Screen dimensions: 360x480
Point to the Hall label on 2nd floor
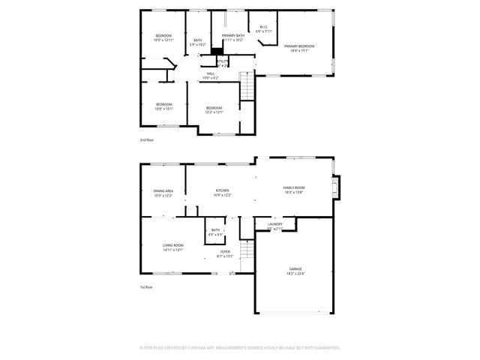[x=210, y=75]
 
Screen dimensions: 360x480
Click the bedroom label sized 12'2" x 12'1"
[x=214, y=110]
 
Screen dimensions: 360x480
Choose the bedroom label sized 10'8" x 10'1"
[x=163, y=106]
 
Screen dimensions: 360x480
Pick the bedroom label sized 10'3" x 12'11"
[x=163, y=37]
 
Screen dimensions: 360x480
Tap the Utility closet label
[x=223, y=62]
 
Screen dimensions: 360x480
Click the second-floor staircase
[x=247, y=85]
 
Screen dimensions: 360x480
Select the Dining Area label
[x=163, y=193]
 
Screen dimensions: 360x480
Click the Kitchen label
[x=222, y=193]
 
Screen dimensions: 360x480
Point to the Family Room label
[x=293, y=190]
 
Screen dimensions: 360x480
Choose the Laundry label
[x=274, y=226]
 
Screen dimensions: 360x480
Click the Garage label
[x=296, y=271]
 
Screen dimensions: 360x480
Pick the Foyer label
[x=225, y=253]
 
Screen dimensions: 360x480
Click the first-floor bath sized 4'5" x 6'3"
[x=215, y=232]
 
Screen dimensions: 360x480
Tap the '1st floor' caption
[x=146, y=287]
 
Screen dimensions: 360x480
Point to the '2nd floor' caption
[x=146, y=140]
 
